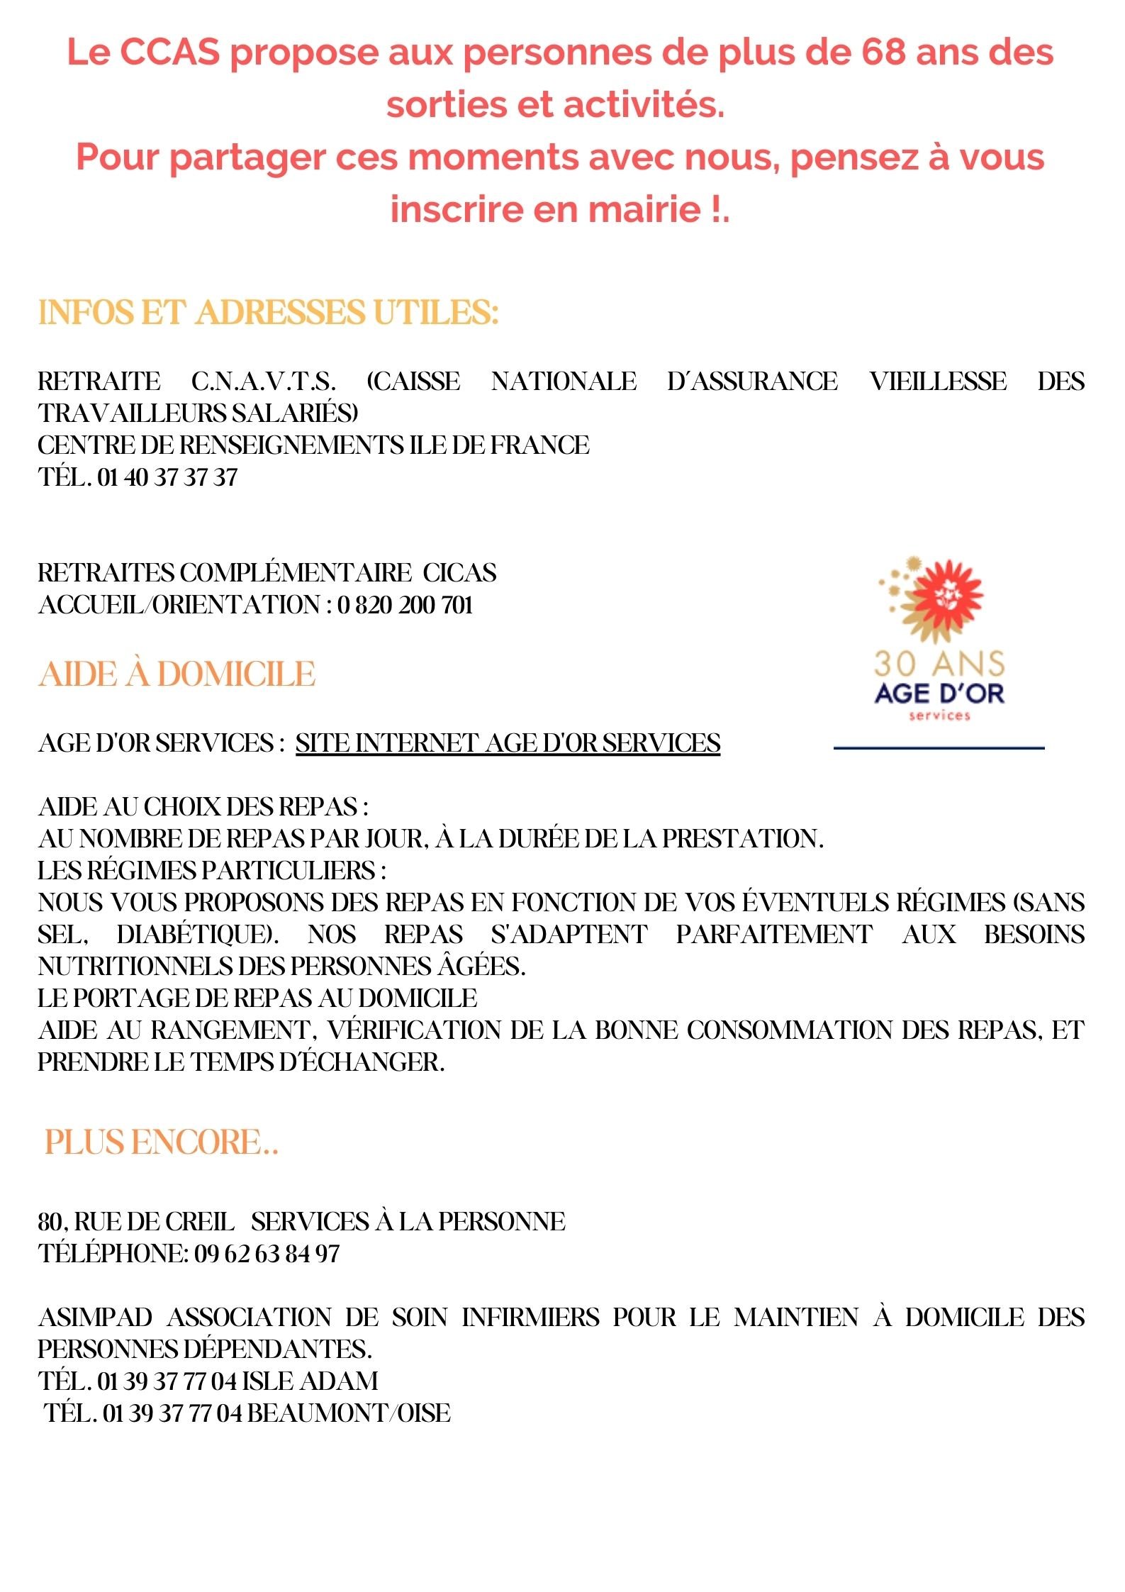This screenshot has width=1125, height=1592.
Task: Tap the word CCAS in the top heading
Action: (x=169, y=52)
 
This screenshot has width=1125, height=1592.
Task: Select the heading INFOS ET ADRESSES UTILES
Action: (x=269, y=313)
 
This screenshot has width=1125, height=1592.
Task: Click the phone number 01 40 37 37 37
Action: (x=167, y=477)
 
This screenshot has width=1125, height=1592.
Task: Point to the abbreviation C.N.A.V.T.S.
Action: (x=264, y=382)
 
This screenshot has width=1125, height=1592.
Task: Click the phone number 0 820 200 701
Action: (x=405, y=605)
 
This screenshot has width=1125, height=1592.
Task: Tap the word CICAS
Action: (x=460, y=573)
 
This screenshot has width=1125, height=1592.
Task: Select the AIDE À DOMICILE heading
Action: (x=177, y=674)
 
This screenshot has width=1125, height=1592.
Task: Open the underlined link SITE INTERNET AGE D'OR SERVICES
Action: (x=508, y=743)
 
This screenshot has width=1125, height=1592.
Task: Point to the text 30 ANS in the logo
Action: (x=939, y=664)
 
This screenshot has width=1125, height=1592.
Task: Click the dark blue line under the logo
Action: (x=939, y=747)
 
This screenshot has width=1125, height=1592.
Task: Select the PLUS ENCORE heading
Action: (x=161, y=1142)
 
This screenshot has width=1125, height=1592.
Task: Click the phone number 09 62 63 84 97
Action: (x=267, y=1254)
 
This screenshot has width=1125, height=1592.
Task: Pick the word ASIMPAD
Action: (x=96, y=1318)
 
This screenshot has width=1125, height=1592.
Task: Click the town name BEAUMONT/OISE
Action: (x=349, y=1413)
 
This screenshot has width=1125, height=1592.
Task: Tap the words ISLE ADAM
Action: (x=310, y=1381)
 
